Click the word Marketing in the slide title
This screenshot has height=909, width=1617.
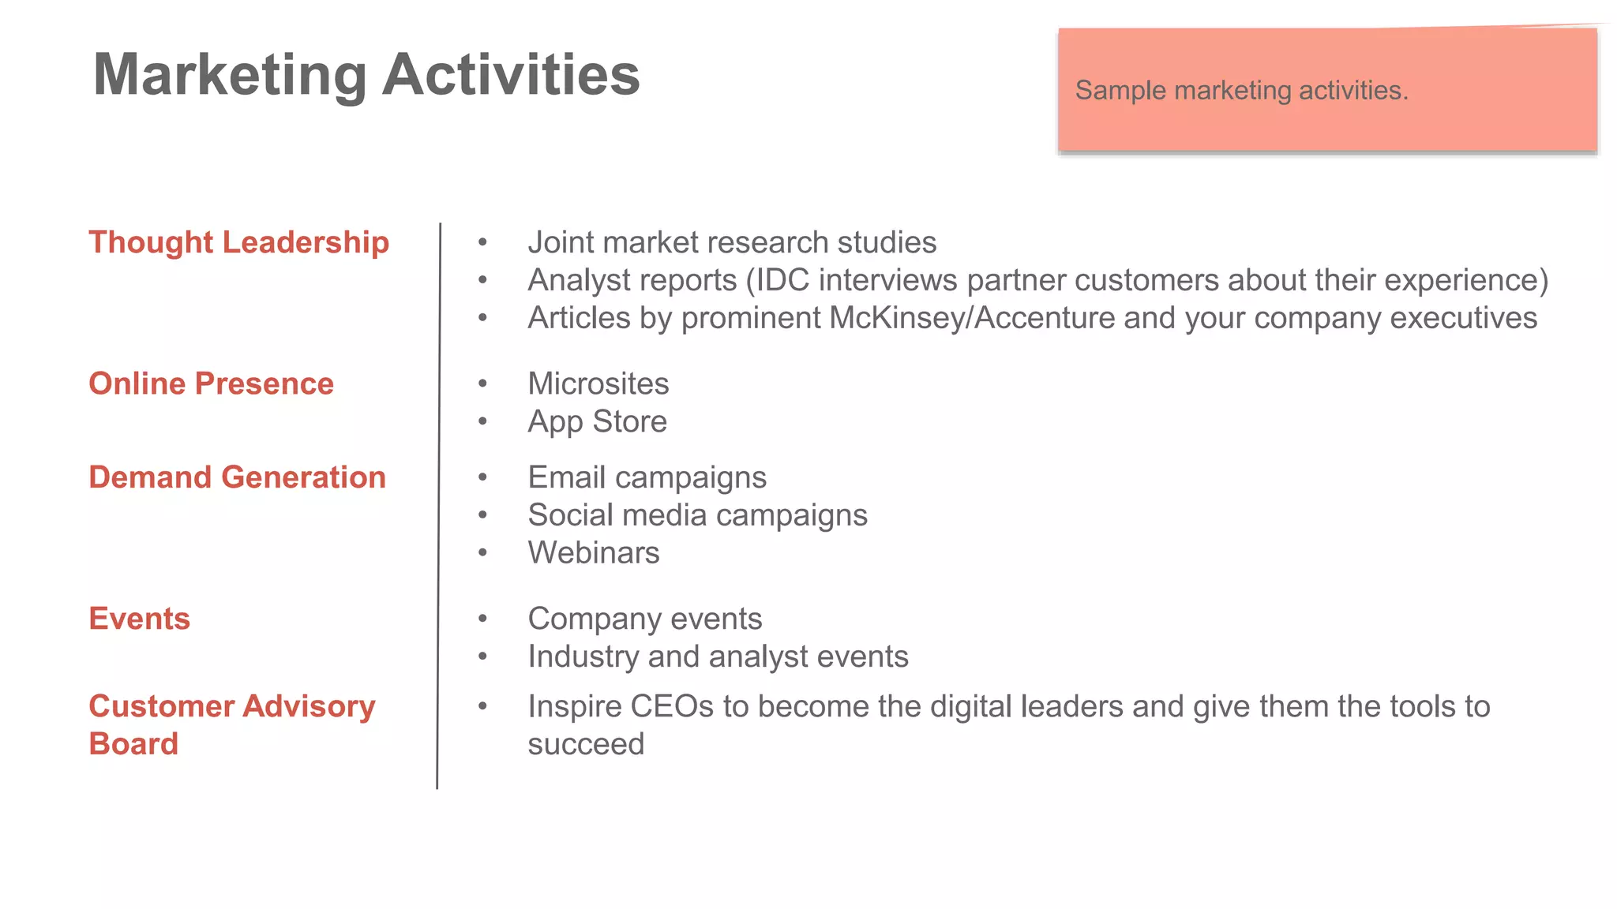pyautogui.click(x=230, y=75)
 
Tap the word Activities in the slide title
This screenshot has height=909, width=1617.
pyautogui.click(x=511, y=75)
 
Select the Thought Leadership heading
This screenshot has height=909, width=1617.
pyautogui.click(x=238, y=242)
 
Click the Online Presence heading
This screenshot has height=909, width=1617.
pyautogui.click(x=211, y=383)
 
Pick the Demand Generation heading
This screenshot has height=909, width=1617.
pyautogui.click(x=237, y=477)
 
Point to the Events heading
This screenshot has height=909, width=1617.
pyautogui.click(x=139, y=619)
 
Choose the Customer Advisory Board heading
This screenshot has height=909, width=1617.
pyautogui.click(x=231, y=724)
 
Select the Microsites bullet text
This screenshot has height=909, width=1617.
pyautogui.click(x=598, y=383)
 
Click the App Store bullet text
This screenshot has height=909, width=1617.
pyautogui.click(x=597, y=421)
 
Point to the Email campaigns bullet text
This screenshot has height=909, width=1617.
pyautogui.click(x=647, y=477)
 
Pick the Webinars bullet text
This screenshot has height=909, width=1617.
pyautogui.click(x=593, y=553)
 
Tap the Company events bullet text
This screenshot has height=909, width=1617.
pyautogui.click(x=644, y=619)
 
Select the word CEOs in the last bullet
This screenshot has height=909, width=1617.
pyautogui.click(x=671, y=706)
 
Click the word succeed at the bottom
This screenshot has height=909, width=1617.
pyautogui.click(x=586, y=744)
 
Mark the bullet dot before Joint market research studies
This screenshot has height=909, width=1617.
pyautogui.click(x=482, y=242)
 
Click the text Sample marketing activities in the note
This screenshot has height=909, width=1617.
pyautogui.click(x=1240, y=90)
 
